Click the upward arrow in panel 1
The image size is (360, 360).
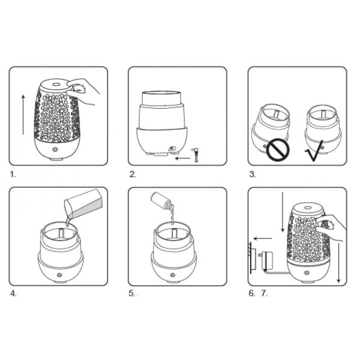[x=23, y=115]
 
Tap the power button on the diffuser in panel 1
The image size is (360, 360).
[x=55, y=149]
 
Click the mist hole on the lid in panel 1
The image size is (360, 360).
[x=55, y=84]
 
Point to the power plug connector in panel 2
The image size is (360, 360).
[x=196, y=155]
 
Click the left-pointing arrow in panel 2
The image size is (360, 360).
[x=182, y=158]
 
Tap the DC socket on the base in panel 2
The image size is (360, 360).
[x=171, y=148]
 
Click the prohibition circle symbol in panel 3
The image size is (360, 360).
[x=278, y=150]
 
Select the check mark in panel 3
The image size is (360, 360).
[x=314, y=151]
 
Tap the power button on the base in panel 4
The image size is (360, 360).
[x=59, y=275]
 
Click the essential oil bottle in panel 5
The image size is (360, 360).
[x=162, y=202]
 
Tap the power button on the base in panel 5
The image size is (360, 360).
[x=173, y=275]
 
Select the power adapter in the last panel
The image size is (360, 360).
[x=266, y=260]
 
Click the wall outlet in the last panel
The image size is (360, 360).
[x=252, y=257]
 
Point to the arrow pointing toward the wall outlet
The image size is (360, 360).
[x=263, y=239]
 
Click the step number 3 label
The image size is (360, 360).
[x=253, y=174]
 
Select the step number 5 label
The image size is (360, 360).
[x=131, y=293]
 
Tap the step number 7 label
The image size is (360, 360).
[x=265, y=293]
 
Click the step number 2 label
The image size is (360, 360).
[x=133, y=174]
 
